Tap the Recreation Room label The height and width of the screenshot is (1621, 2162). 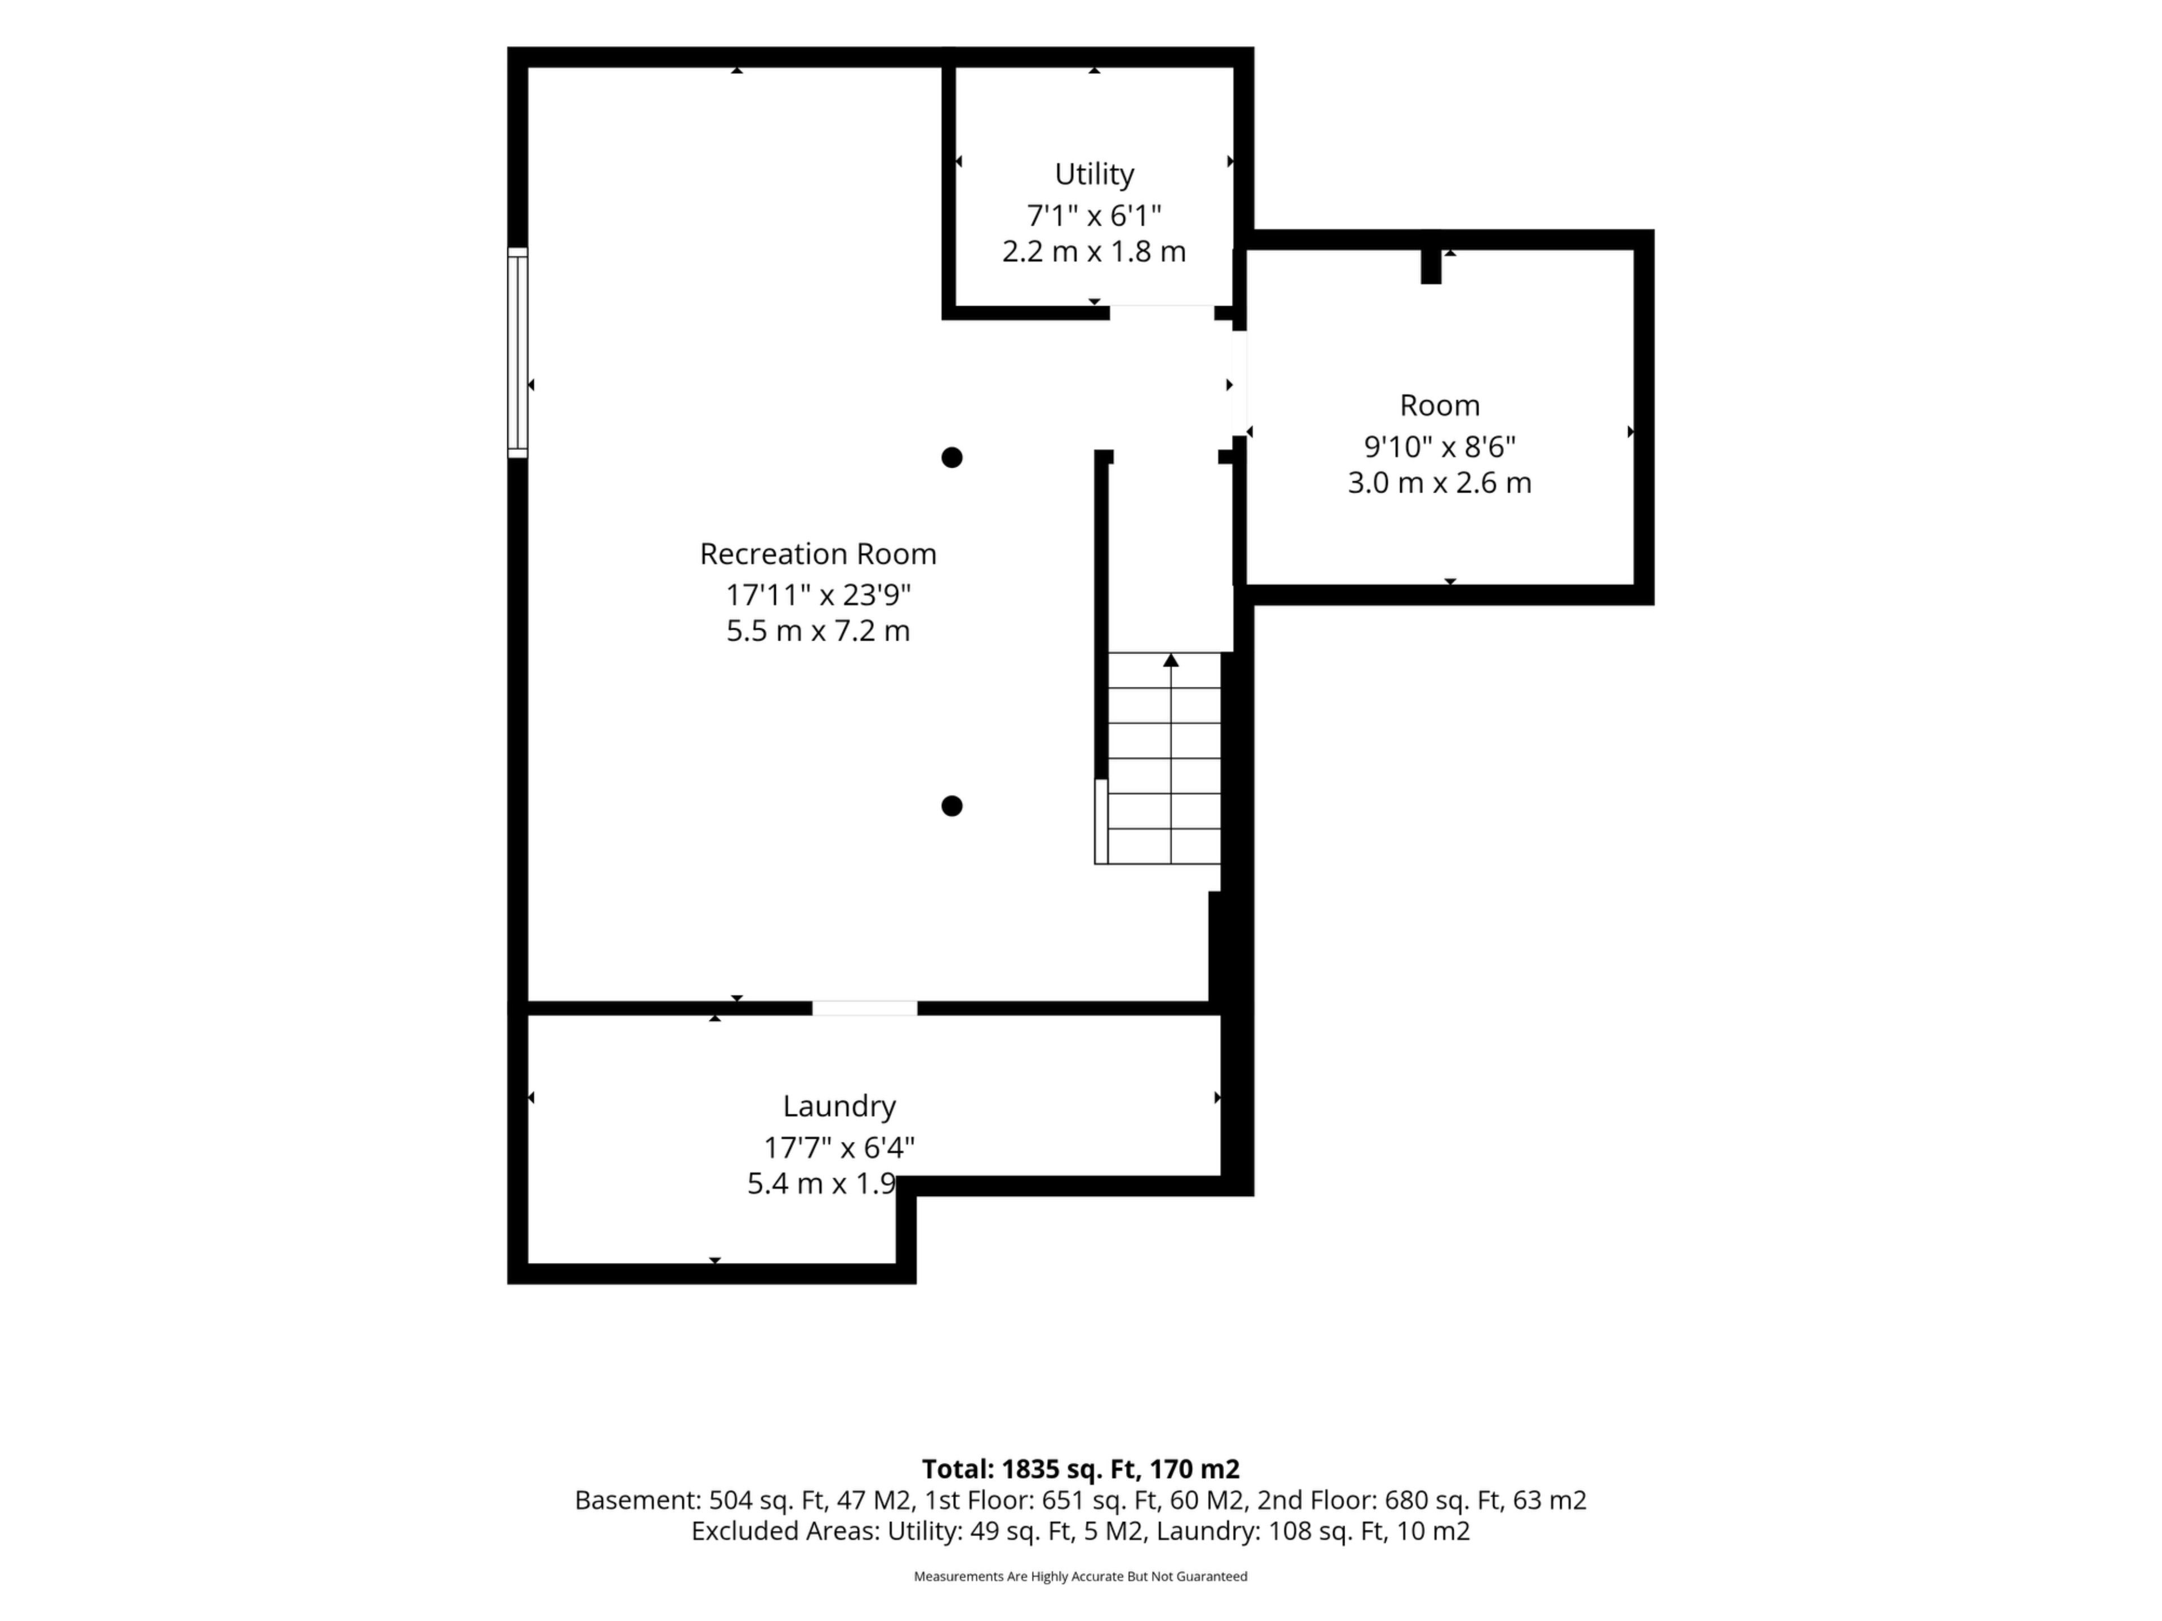818,554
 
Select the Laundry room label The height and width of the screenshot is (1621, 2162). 838,1106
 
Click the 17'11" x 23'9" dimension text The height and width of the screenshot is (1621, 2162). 818,594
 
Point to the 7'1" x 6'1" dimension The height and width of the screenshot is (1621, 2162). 1094,215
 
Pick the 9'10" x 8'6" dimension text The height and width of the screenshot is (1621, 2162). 1440,446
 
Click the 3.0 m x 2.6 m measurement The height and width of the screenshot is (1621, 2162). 1440,483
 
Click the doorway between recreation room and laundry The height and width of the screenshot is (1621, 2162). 865,1009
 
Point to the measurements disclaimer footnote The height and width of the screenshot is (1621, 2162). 1080,1576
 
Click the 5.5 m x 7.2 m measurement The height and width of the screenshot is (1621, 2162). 818,631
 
